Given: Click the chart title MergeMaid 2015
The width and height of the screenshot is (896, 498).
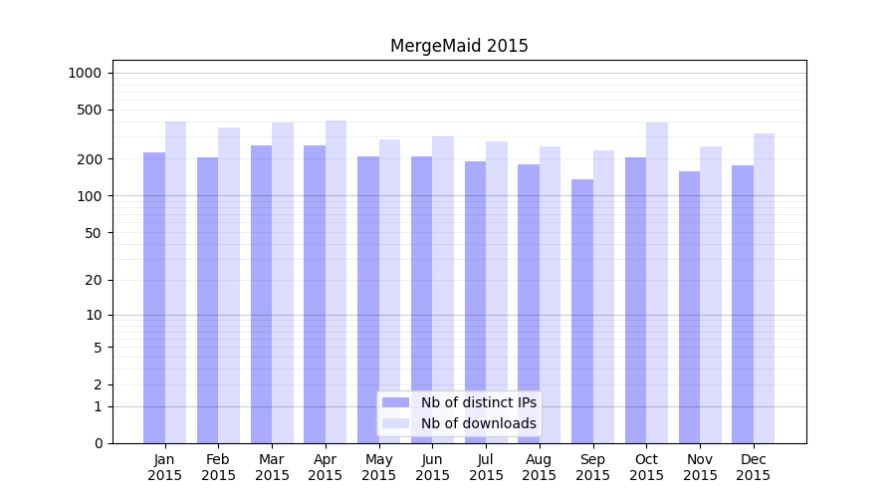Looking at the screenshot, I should coord(459,46).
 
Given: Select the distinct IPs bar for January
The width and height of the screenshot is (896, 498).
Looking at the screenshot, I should coord(154,299).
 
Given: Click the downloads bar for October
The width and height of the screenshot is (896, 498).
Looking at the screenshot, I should coord(657,283).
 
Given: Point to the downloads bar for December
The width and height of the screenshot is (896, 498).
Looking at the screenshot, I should coord(764,289).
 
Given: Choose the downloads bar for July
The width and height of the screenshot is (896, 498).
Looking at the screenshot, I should coord(497,293).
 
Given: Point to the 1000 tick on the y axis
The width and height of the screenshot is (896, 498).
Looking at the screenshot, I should coord(85,73).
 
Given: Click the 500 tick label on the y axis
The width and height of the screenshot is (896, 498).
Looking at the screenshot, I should coord(89,110).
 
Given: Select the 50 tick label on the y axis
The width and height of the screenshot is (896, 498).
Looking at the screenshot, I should coord(93,233).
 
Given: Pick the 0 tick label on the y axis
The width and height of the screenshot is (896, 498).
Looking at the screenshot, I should coord(98,443).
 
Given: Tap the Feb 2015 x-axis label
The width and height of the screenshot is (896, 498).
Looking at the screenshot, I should coord(218,467).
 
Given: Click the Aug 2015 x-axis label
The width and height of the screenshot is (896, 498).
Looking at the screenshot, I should coord(539,467).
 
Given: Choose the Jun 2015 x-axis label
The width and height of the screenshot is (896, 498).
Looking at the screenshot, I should coord(432,467).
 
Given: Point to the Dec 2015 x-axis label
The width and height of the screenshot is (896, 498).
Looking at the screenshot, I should coord(753,467).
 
